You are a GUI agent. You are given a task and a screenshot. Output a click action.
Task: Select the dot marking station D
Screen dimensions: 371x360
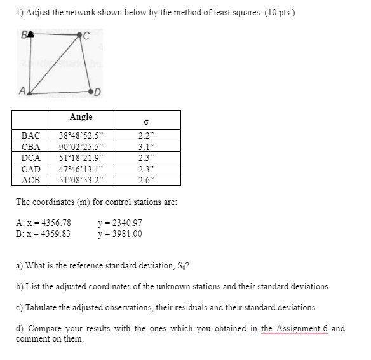[91, 92]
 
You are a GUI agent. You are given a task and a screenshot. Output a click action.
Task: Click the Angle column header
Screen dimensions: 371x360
[81, 117]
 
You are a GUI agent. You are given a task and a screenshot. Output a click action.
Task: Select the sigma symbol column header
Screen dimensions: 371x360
[147, 120]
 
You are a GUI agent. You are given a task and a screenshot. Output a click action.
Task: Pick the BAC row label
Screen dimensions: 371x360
[30, 135]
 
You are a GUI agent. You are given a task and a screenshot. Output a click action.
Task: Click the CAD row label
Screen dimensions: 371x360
[30, 169]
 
